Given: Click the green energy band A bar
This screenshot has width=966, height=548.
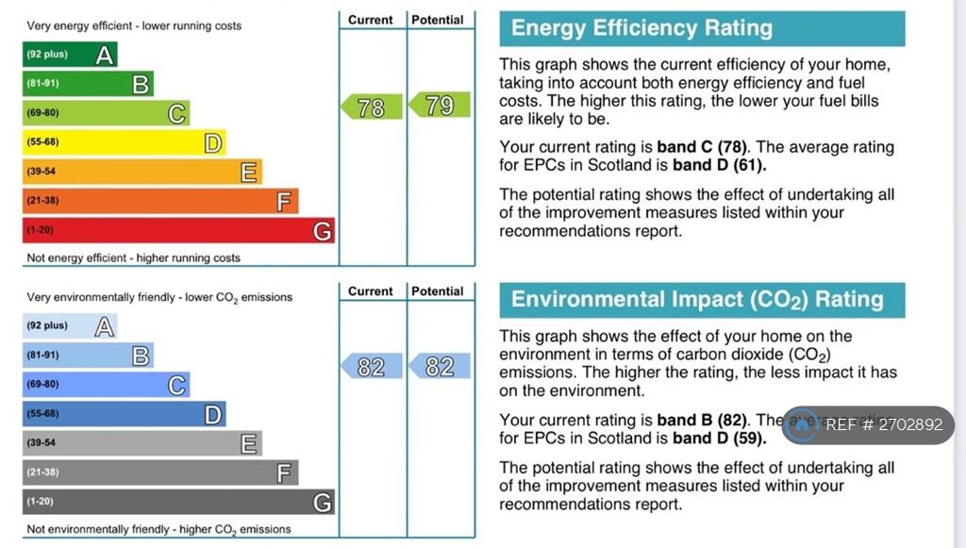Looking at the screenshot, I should (69, 55).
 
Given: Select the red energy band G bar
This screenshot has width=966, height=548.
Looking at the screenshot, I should (178, 230).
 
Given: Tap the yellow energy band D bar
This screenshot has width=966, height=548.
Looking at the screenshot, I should (124, 142).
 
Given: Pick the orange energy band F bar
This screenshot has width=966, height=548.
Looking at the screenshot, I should (160, 201).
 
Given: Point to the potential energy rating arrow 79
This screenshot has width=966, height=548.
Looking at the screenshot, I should (439, 106).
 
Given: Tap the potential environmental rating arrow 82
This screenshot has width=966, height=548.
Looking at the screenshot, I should (439, 367).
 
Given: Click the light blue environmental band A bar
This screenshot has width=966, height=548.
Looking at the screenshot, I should (69, 326).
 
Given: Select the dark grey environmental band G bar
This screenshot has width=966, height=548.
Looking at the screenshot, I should (178, 502).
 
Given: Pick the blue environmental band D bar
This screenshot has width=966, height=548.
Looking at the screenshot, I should (124, 414).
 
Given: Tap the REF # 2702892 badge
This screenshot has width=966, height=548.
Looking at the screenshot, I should (869, 425).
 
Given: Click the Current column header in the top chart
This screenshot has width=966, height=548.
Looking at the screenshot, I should (371, 20).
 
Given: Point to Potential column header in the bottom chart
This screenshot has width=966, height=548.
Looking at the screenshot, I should (439, 291).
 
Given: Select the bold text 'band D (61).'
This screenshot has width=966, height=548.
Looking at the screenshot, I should (720, 165).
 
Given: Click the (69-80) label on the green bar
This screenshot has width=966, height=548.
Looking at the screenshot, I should (42, 113).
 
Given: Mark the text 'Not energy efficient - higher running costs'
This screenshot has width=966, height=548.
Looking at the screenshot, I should (134, 258).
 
